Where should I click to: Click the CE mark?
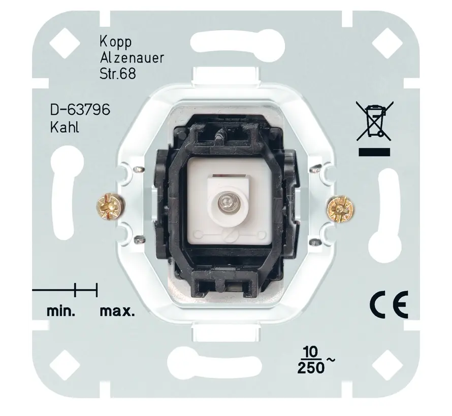pyautogui.click(x=387, y=306)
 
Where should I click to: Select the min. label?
pyautogui.click(x=62, y=311)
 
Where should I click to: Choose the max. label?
pyautogui.click(x=117, y=311)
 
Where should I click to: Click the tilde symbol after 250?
pyautogui.click(x=330, y=359)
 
